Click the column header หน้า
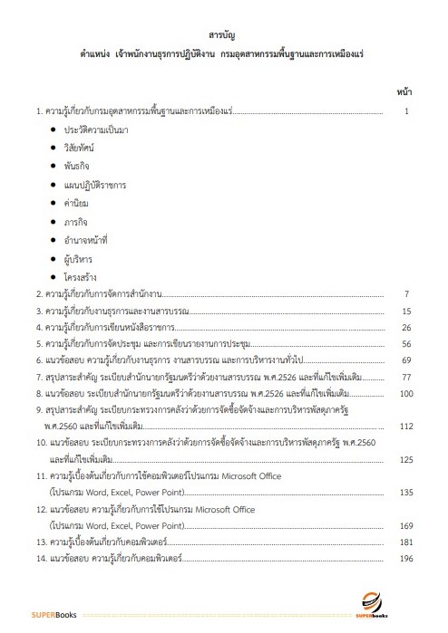(405, 92)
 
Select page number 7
(408, 294)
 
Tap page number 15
(406, 311)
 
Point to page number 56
(406, 344)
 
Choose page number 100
(405, 393)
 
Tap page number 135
(405, 492)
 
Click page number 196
(405, 558)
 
